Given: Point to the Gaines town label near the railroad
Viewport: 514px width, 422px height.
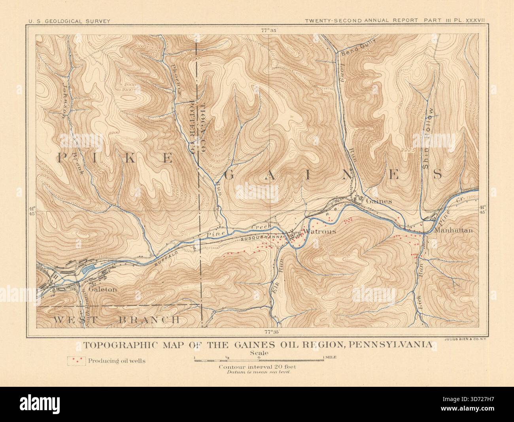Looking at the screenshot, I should pyautogui.click(x=379, y=201).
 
